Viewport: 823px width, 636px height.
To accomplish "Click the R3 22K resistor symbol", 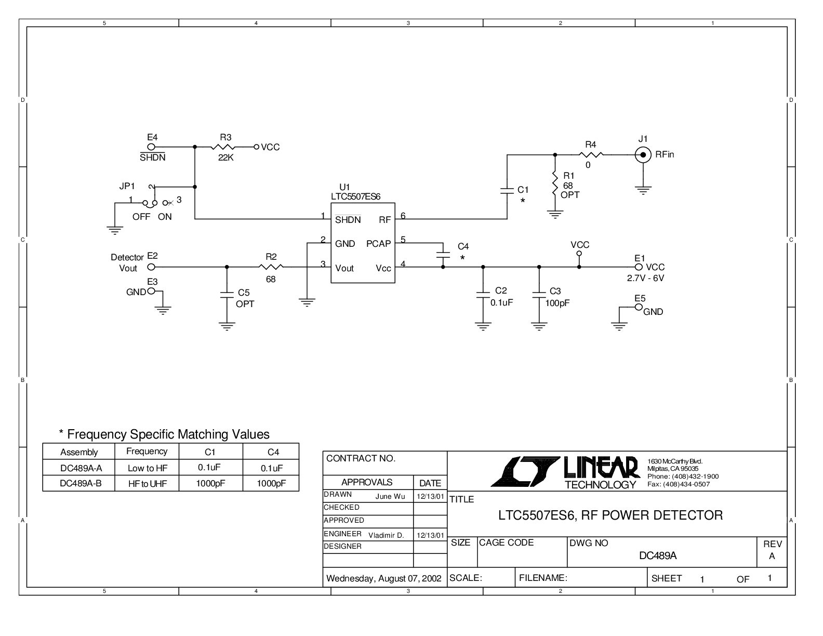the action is tap(223, 147).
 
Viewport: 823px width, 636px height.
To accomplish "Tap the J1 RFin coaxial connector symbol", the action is tap(643, 154).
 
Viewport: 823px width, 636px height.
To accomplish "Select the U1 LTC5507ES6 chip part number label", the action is tap(355, 196).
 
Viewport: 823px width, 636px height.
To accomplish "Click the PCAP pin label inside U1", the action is tap(378, 244).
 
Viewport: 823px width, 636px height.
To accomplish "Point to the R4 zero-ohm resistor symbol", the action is tap(591, 154).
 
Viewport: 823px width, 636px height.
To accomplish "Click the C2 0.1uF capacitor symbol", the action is tap(483, 295).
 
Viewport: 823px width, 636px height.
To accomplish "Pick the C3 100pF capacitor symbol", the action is tap(539, 295).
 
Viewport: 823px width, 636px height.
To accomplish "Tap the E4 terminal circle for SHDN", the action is tap(151, 147).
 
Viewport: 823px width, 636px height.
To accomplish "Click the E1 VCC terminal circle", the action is tap(639, 267).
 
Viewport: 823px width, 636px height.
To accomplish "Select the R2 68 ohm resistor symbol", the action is tap(271, 267).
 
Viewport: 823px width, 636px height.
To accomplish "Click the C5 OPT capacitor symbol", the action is tap(227, 295).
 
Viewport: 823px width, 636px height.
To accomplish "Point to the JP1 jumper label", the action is tap(127, 186).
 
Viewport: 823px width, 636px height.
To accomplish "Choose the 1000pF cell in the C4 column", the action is tap(271, 483).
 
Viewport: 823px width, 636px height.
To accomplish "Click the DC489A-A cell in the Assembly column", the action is tap(81, 468).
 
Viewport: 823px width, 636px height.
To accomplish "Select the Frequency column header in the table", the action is tap(147, 452).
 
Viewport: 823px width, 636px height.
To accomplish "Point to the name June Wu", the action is tap(390, 497).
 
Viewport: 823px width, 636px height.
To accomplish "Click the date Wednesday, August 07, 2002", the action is tap(383, 578).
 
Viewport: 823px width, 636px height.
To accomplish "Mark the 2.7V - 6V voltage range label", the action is tap(645, 278).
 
